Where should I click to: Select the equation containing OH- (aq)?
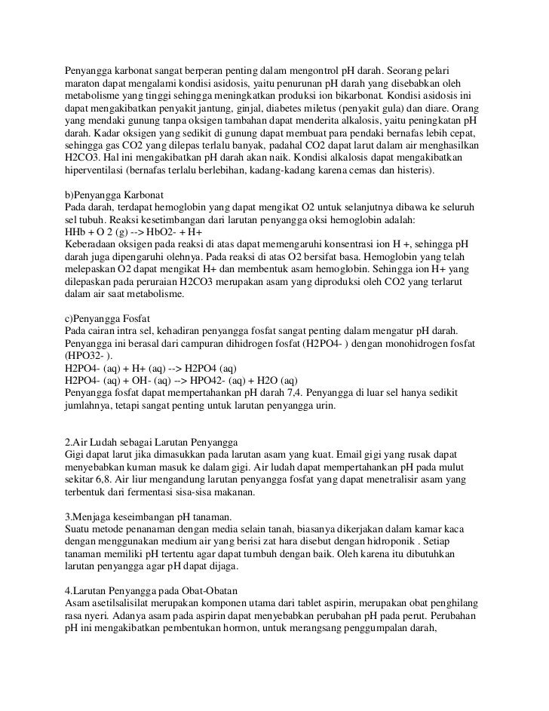(182, 382)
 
